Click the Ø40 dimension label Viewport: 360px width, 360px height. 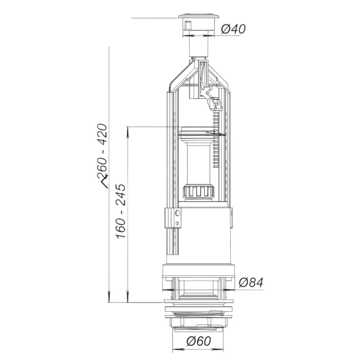pyautogui.click(x=233, y=29)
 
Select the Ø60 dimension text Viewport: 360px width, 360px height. pyautogui.click(x=199, y=341)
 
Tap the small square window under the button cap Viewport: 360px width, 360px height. pyautogui.click(x=188, y=25)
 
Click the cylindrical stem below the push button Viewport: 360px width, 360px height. pyautogui.click(x=198, y=47)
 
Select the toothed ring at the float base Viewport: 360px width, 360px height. pyautogui.click(x=199, y=191)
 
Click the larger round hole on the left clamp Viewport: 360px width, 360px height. pyautogui.click(x=178, y=213)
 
